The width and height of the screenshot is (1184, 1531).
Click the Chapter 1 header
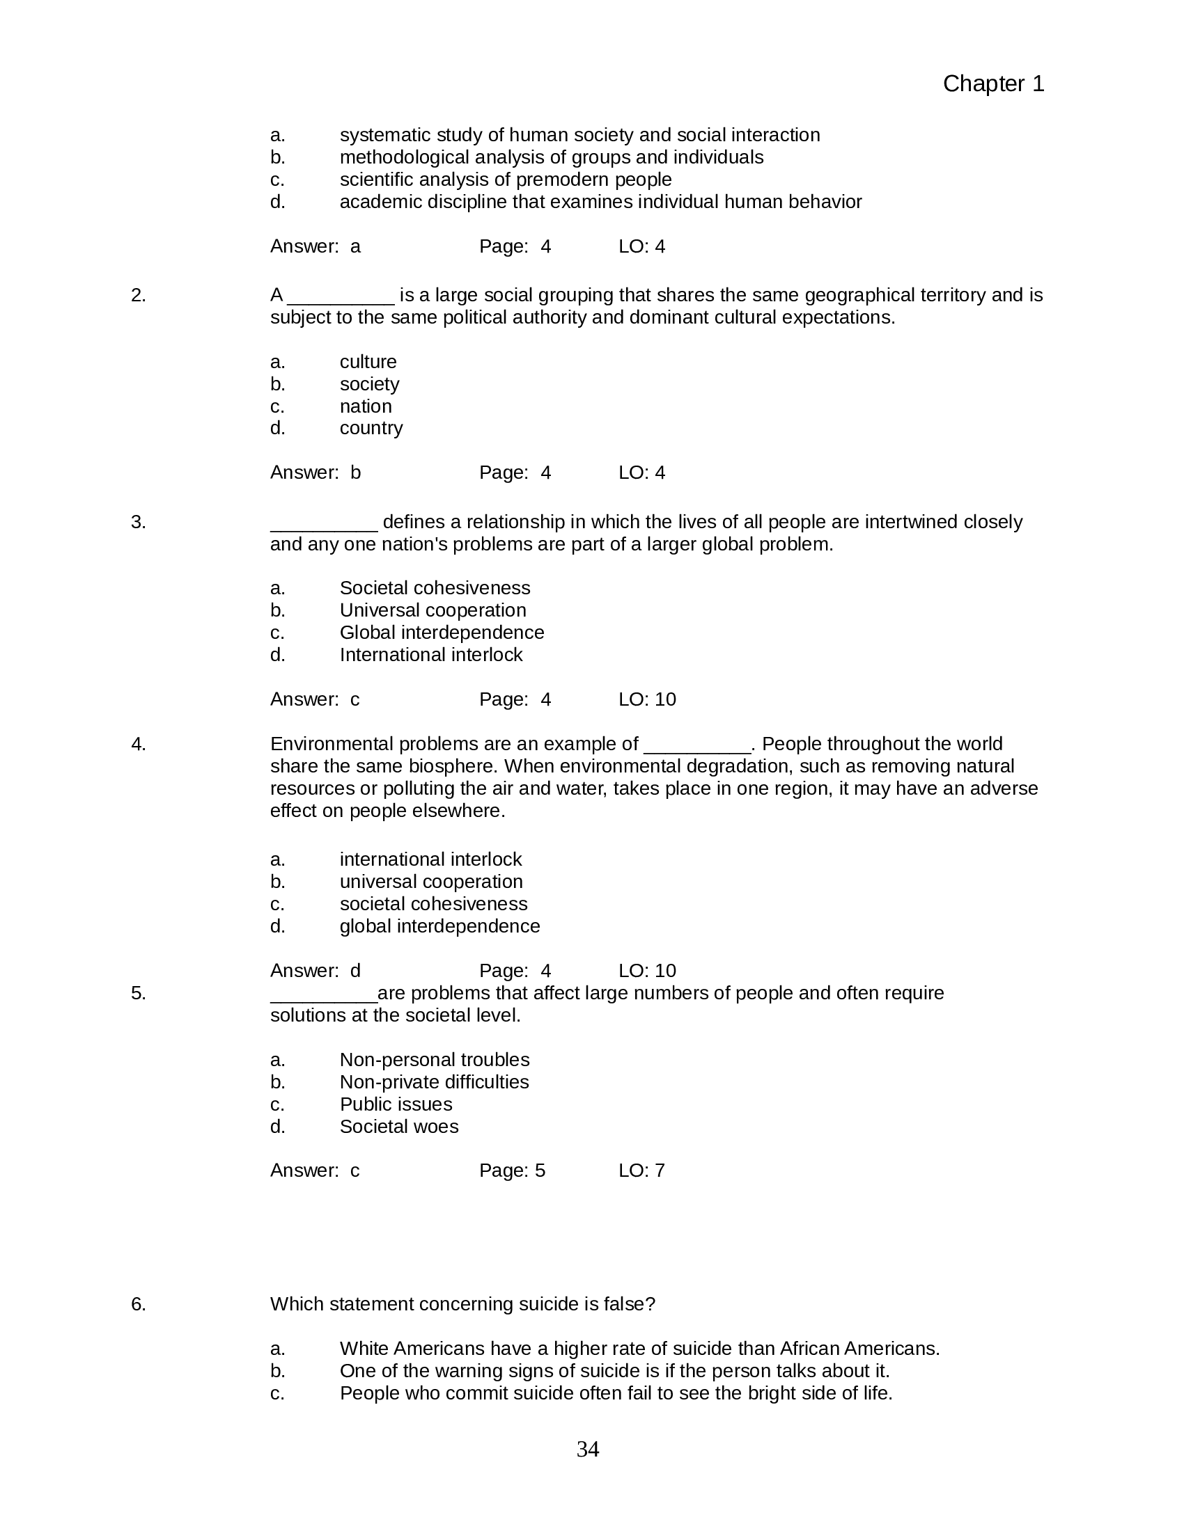992,84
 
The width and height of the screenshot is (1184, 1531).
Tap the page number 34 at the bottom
587,1449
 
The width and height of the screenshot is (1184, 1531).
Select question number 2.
138,295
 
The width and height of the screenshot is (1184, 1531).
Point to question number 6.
138,1304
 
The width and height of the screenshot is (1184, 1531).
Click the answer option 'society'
369,384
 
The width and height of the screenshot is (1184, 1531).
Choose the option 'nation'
366,406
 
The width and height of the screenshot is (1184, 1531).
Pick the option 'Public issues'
396,1104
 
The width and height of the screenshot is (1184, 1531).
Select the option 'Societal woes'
398,1127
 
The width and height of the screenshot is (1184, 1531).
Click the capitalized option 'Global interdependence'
441,633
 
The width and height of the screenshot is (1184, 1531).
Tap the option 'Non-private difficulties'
433,1081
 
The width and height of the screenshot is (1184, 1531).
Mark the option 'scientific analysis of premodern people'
505,180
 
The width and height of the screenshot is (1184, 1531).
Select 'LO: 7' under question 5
641,1171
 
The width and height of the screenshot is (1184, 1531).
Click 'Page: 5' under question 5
511,1171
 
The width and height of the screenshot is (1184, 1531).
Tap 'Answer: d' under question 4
315,971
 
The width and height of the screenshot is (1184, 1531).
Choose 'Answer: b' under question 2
315,473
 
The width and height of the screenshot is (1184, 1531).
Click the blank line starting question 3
323,523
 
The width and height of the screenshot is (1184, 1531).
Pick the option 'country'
371,428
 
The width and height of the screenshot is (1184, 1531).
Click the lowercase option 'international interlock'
430,859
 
